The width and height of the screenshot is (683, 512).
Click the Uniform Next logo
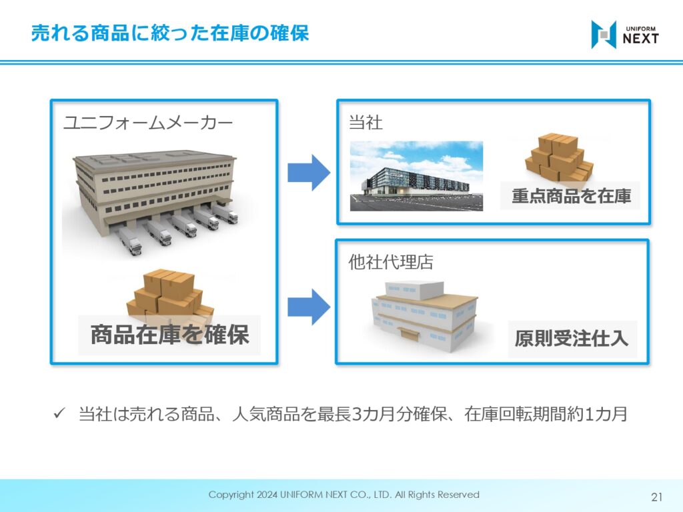click(x=624, y=35)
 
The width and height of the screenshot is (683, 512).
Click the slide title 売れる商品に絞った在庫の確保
click(x=170, y=33)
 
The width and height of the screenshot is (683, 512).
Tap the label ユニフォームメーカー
click(x=148, y=123)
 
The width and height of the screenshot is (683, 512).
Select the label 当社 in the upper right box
click(x=366, y=123)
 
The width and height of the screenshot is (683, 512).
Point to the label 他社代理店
click(x=391, y=262)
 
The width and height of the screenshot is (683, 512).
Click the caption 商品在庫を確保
click(x=170, y=335)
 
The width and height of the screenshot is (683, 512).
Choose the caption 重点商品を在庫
click(x=571, y=196)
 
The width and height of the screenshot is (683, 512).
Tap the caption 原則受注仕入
click(x=572, y=338)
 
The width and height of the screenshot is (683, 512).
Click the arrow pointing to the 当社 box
click(x=309, y=173)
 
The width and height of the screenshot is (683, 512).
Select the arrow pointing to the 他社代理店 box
click(x=309, y=307)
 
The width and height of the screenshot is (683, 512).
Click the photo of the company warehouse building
click(x=416, y=176)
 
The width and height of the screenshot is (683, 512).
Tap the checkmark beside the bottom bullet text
click(x=59, y=413)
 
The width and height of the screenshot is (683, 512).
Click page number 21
click(x=656, y=497)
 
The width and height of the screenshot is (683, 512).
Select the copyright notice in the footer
click(x=344, y=495)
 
